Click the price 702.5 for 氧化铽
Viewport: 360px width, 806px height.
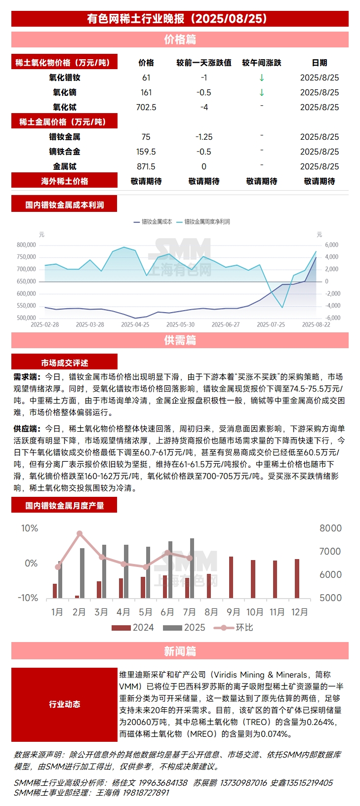click(146, 107)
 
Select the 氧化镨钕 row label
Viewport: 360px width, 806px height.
click(65, 78)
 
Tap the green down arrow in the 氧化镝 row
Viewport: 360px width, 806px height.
click(262, 92)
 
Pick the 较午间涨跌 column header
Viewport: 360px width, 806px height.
click(262, 63)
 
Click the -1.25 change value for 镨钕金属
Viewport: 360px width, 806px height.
click(204, 137)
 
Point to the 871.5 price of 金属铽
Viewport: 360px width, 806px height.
click(146, 166)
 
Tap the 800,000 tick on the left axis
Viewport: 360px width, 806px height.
click(26, 245)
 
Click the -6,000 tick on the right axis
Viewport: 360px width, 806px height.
click(332, 318)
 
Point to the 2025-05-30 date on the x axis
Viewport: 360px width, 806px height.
click(180, 324)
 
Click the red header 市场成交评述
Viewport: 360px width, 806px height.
click(65, 363)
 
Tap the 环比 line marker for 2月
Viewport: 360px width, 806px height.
click(80, 534)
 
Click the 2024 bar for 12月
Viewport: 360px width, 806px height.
click(297, 579)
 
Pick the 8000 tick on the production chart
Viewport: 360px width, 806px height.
click(330, 528)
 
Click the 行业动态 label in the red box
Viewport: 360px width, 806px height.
click(65, 704)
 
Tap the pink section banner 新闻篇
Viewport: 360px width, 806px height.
click(180, 651)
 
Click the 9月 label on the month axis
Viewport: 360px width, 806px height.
click(233, 612)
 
